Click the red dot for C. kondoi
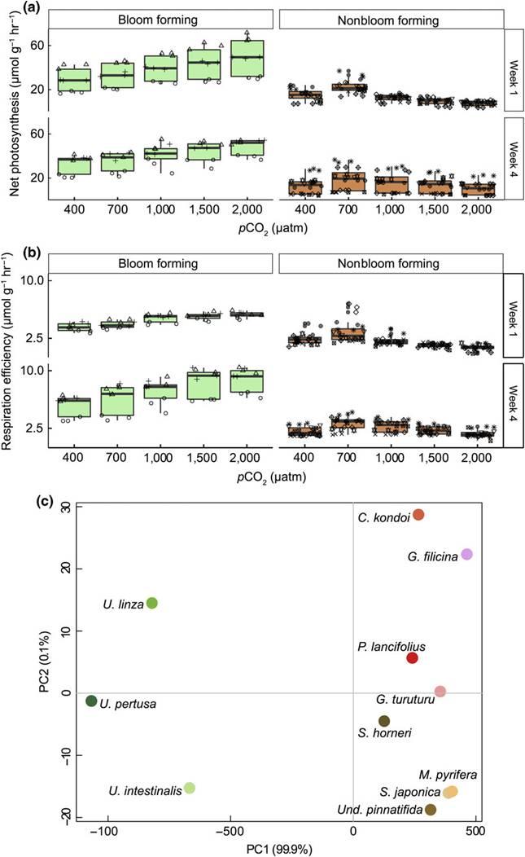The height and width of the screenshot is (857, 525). [418, 515]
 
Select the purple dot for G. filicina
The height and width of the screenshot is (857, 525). [466, 554]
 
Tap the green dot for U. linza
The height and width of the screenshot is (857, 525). [151, 603]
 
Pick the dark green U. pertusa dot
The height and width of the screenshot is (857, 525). [91, 701]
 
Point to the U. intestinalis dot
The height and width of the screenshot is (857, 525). [189, 788]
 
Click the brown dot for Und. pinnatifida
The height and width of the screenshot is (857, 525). [431, 809]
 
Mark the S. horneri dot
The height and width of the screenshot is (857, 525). [384, 721]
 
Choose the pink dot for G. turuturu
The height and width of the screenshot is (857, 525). [440, 691]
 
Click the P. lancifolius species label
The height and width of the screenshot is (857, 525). [391, 647]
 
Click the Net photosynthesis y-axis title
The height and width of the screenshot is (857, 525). [12, 118]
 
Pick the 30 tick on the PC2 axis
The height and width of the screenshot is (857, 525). [65, 507]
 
